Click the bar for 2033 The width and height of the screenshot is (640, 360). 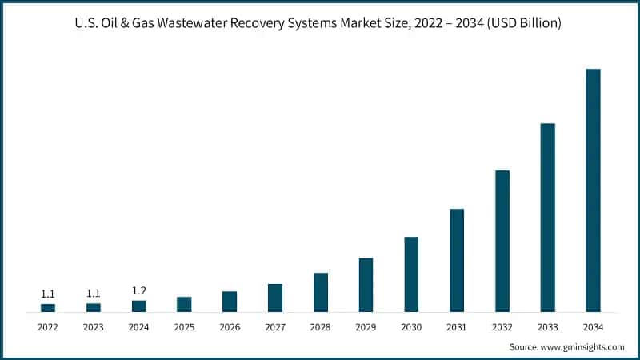547,217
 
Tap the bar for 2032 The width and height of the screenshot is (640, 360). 502,241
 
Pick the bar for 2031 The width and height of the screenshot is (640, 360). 457,260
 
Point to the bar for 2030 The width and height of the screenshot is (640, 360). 411,274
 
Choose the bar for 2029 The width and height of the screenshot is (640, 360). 366,285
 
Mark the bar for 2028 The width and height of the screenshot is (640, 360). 321,292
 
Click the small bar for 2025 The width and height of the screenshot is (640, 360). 184,304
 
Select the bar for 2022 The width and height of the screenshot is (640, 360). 48,307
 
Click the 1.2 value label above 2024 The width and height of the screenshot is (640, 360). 138,291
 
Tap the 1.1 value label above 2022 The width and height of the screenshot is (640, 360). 48,294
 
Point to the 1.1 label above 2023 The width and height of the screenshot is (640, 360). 94,294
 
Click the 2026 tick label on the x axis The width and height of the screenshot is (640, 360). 230,327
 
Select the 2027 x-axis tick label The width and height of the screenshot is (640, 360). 275,327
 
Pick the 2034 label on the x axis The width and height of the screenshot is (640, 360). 593,327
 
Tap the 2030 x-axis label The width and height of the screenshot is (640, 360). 411,327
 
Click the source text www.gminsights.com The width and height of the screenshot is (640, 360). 583,347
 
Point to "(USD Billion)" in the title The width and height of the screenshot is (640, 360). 524,24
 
